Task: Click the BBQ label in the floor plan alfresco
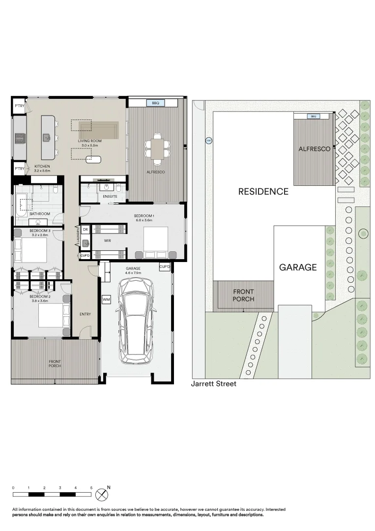pyautogui.click(x=156, y=103)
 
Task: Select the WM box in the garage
pyautogui.click(x=106, y=299)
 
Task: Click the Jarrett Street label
pyautogui.click(x=213, y=384)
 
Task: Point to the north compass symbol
pyautogui.click(x=102, y=494)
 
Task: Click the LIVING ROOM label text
pyautogui.click(x=90, y=141)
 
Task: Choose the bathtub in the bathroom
pyautogui.click(x=22, y=204)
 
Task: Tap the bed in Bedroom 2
pyautogui.click(x=51, y=315)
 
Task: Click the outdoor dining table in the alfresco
pyautogui.click(x=157, y=147)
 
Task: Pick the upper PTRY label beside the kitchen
pyautogui.click(x=19, y=106)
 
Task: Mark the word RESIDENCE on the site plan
pyautogui.click(x=263, y=191)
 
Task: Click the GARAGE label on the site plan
pyautogui.click(x=298, y=267)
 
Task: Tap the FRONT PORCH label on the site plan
pyautogui.click(x=243, y=295)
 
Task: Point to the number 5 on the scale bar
pyautogui.click(x=91, y=487)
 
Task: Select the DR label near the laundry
pyautogui.click(x=85, y=230)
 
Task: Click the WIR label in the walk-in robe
pyautogui.click(x=108, y=241)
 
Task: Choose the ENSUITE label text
pyautogui.click(x=110, y=197)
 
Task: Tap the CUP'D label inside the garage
pyautogui.click(x=164, y=267)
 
